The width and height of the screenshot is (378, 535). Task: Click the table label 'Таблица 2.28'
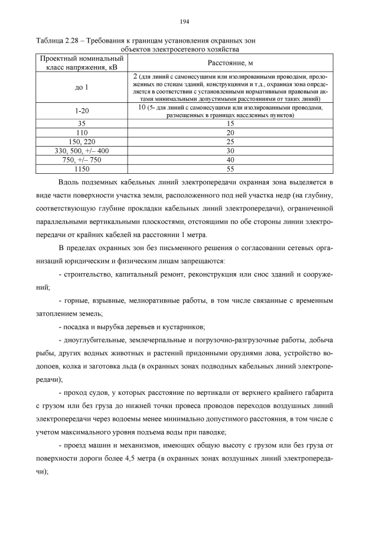click(x=56, y=40)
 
